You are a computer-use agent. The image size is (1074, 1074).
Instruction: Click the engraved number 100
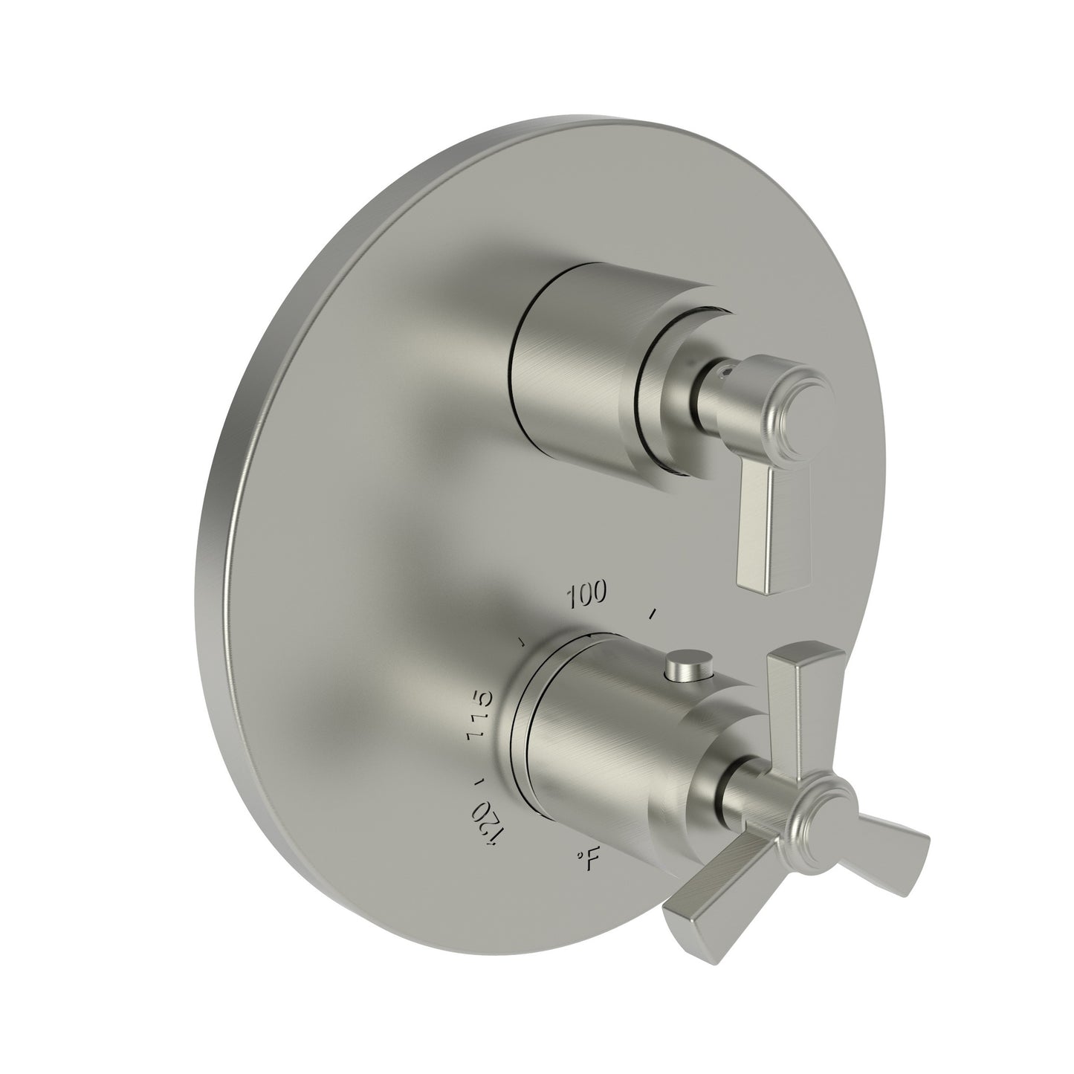(587, 594)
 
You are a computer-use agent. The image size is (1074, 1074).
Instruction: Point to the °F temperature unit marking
(587, 860)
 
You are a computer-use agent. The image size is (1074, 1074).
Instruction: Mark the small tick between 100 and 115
(523, 641)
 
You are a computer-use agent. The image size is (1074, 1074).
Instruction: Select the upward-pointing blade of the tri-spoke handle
(805, 680)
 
